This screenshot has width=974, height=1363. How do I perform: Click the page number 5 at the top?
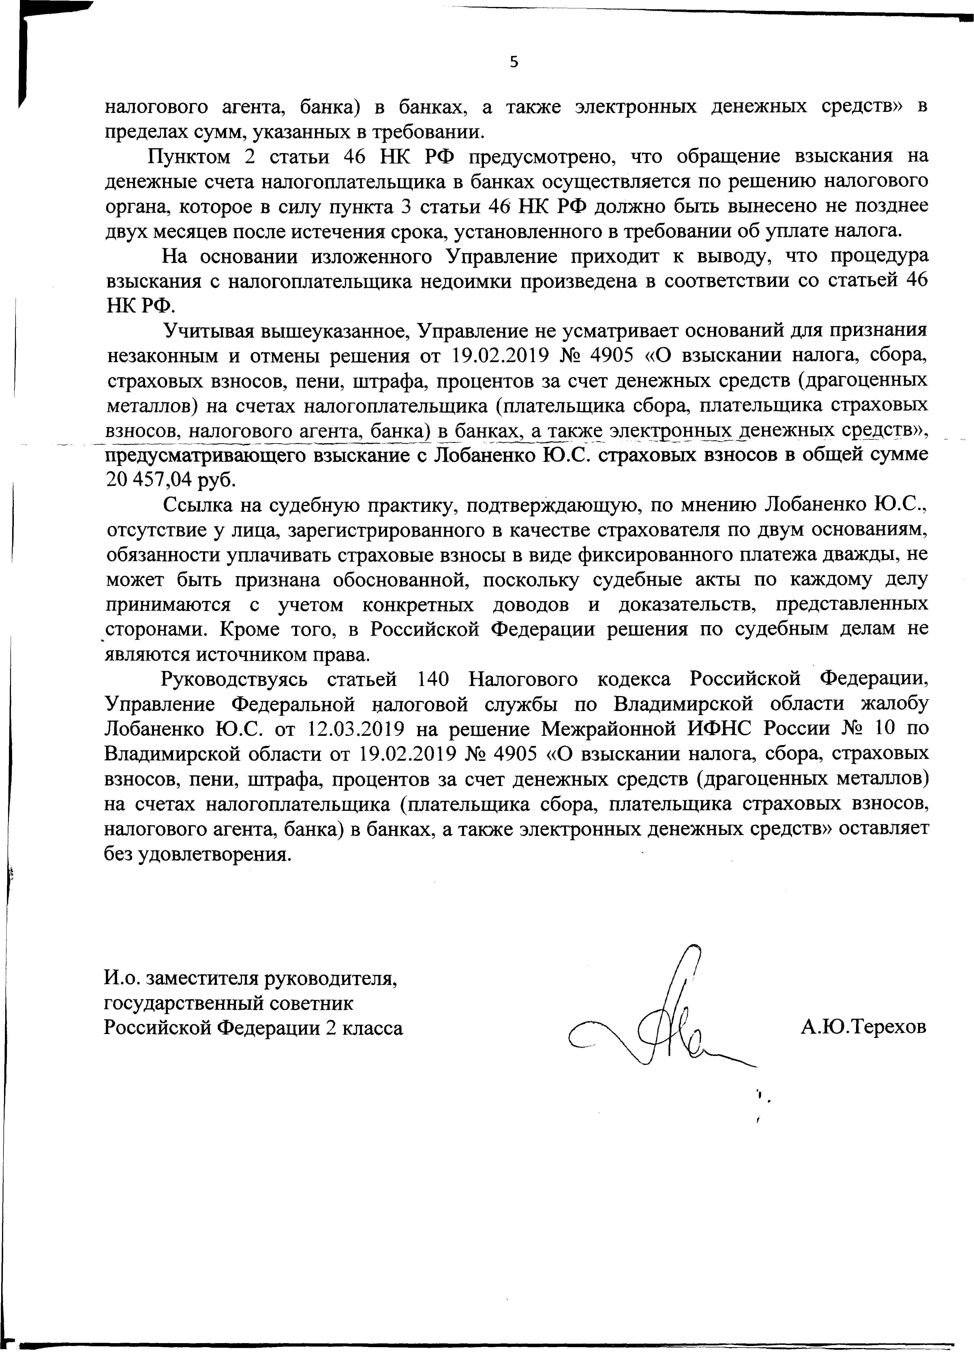click(x=513, y=62)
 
